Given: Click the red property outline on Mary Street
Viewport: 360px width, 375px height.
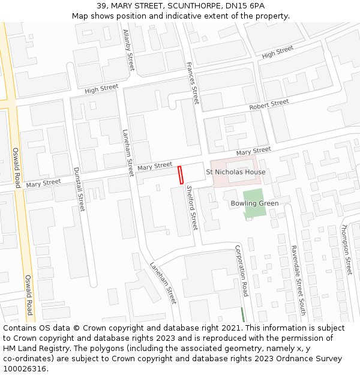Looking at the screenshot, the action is (x=180, y=175).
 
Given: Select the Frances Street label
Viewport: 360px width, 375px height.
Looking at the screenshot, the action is (x=192, y=83).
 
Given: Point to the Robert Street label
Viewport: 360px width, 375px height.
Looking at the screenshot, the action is (x=269, y=104).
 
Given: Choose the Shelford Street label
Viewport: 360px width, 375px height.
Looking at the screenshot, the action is (x=191, y=207).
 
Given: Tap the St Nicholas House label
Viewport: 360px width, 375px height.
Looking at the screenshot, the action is (x=235, y=172).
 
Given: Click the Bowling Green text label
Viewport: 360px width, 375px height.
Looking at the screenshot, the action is (x=254, y=203).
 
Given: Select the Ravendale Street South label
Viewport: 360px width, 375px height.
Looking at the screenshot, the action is (x=298, y=280).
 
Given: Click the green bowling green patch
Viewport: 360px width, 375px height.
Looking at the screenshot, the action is (x=253, y=203).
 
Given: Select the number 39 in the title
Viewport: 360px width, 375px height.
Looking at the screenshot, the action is (x=102, y=6).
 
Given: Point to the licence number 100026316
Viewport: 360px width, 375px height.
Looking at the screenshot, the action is (x=25, y=368).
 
